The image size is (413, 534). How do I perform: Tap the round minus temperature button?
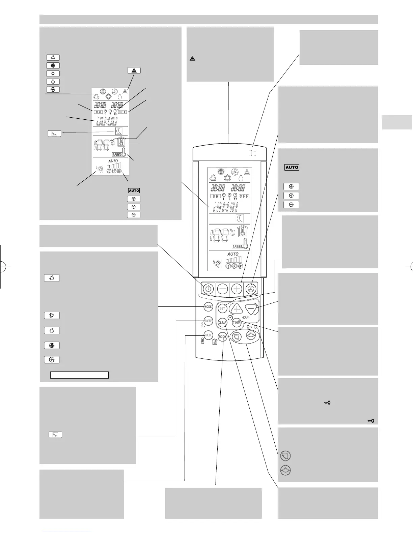(x=222, y=289)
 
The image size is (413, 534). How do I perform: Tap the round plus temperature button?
(x=237, y=289)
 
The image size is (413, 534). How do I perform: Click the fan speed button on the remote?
(x=251, y=289)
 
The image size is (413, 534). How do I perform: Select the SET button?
(x=222, y=308)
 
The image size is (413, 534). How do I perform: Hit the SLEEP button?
(x=208, y=321)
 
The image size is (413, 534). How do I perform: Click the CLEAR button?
(x=222, y=323)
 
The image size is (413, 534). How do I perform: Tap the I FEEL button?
(x=208, y=335)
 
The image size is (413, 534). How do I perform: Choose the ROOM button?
(x=222, y=337)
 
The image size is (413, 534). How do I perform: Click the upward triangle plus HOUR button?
(x=237, y=309)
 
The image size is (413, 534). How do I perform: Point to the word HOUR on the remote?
(x=245, y=318)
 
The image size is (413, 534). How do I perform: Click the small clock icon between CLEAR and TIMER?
(x=230, y=318)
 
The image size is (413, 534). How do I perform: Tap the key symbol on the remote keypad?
(x=249, y=327)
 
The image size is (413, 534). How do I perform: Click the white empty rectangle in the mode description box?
(x=79, y=375)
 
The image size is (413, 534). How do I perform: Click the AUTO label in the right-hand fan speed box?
(x=292, y=167)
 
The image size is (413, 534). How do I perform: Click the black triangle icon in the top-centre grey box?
(x=192, y=59)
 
